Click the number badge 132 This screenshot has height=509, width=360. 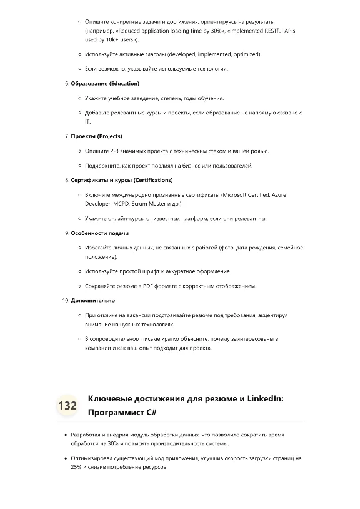tap(67, 405)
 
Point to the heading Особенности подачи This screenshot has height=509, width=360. tap(100, 233)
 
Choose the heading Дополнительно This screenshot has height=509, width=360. tap(92, 300)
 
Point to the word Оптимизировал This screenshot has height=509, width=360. tap(92, 458)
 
